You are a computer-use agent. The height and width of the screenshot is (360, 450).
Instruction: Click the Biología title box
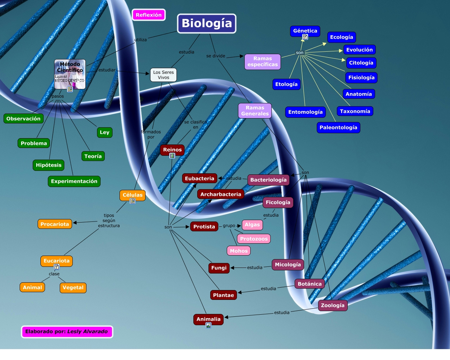207,23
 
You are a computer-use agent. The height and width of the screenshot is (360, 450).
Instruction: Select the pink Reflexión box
149,15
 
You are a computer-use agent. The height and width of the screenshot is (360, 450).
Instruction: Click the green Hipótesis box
49,165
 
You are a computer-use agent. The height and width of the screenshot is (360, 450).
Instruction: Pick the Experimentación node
74,181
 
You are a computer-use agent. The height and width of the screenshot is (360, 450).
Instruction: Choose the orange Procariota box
55,224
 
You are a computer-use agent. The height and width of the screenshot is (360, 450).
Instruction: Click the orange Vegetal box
73,287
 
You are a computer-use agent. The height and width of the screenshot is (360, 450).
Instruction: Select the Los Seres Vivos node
163,75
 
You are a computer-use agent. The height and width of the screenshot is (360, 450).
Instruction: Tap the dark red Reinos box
172,149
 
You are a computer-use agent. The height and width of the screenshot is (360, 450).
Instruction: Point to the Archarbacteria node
221,194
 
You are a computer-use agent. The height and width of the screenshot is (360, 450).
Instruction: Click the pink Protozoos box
254,239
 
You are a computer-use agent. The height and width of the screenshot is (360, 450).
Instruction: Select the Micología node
288,264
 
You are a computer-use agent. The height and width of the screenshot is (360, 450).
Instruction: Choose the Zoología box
333,305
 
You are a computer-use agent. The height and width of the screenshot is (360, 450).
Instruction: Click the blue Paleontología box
338,127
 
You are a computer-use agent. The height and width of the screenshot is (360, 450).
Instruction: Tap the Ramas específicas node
263,62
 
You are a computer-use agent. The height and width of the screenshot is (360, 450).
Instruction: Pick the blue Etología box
286,84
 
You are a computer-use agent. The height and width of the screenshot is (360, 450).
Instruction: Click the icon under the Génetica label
305,37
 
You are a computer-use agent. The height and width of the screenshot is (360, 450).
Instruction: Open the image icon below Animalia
208,325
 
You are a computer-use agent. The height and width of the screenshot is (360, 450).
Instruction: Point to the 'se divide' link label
216,56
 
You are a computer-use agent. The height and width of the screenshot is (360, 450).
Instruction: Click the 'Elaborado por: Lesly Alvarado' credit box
67,332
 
